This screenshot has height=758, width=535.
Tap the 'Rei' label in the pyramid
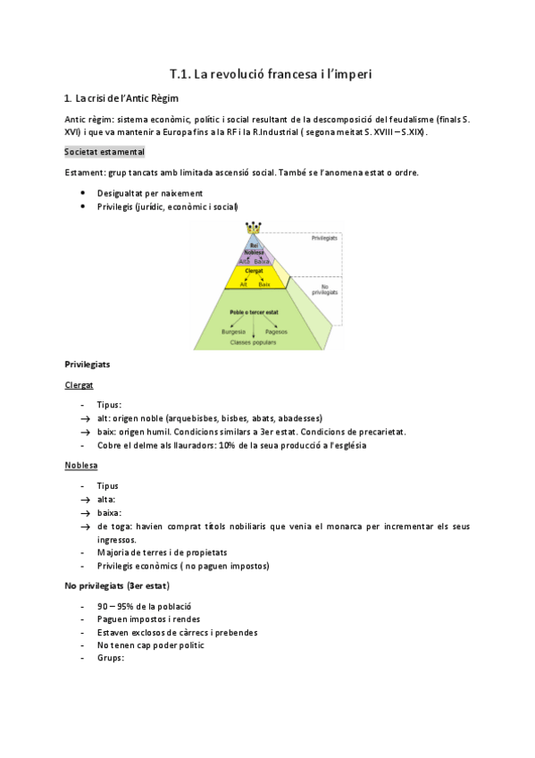(x=255, y=244)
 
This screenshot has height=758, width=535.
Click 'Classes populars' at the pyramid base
(x=254, y=342)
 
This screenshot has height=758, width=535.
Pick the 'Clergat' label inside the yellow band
(x=254, y=269)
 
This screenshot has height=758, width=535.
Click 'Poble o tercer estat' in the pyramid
(x=254, y=312)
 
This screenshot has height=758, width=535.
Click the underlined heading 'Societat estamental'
(x=104, y=153)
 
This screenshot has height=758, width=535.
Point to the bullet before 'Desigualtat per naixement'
(x=83, y=192)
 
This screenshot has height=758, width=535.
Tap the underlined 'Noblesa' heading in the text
(x=80, y=466)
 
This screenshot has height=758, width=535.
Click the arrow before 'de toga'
(x=84, y=526)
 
